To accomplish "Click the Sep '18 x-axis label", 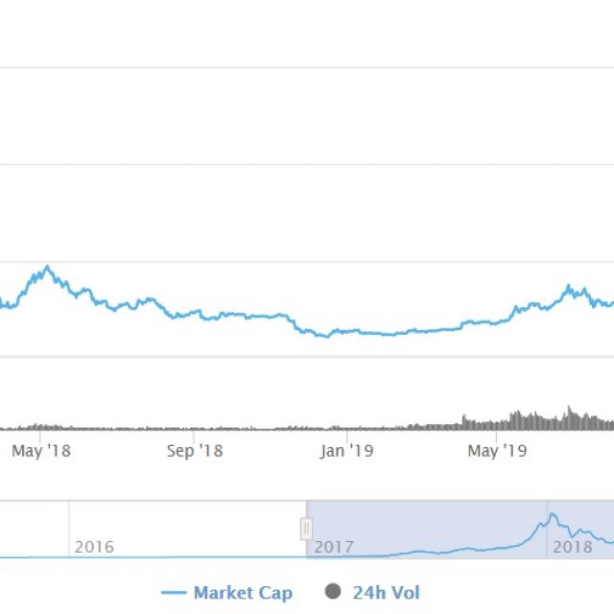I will pos(195,450).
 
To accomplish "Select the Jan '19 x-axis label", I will pos(345,450).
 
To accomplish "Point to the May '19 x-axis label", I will pos(497,450).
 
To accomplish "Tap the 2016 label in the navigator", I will pos(94,547).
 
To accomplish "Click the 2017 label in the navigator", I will pos(334,547).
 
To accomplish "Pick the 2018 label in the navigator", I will pos(573,547).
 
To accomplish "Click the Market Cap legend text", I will pos(243,593).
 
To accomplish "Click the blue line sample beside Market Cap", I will pos(174,593).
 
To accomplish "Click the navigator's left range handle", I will pos(306,529).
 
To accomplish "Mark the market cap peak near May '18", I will pos(47,267).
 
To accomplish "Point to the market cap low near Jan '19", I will pos(328,337).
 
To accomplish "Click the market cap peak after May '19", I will pos(569,286).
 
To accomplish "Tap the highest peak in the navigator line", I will pos(553,515).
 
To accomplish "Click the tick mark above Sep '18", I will pos(195,435).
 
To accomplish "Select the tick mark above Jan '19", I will pos(345,435).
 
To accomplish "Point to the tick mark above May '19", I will pos(497,435).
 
